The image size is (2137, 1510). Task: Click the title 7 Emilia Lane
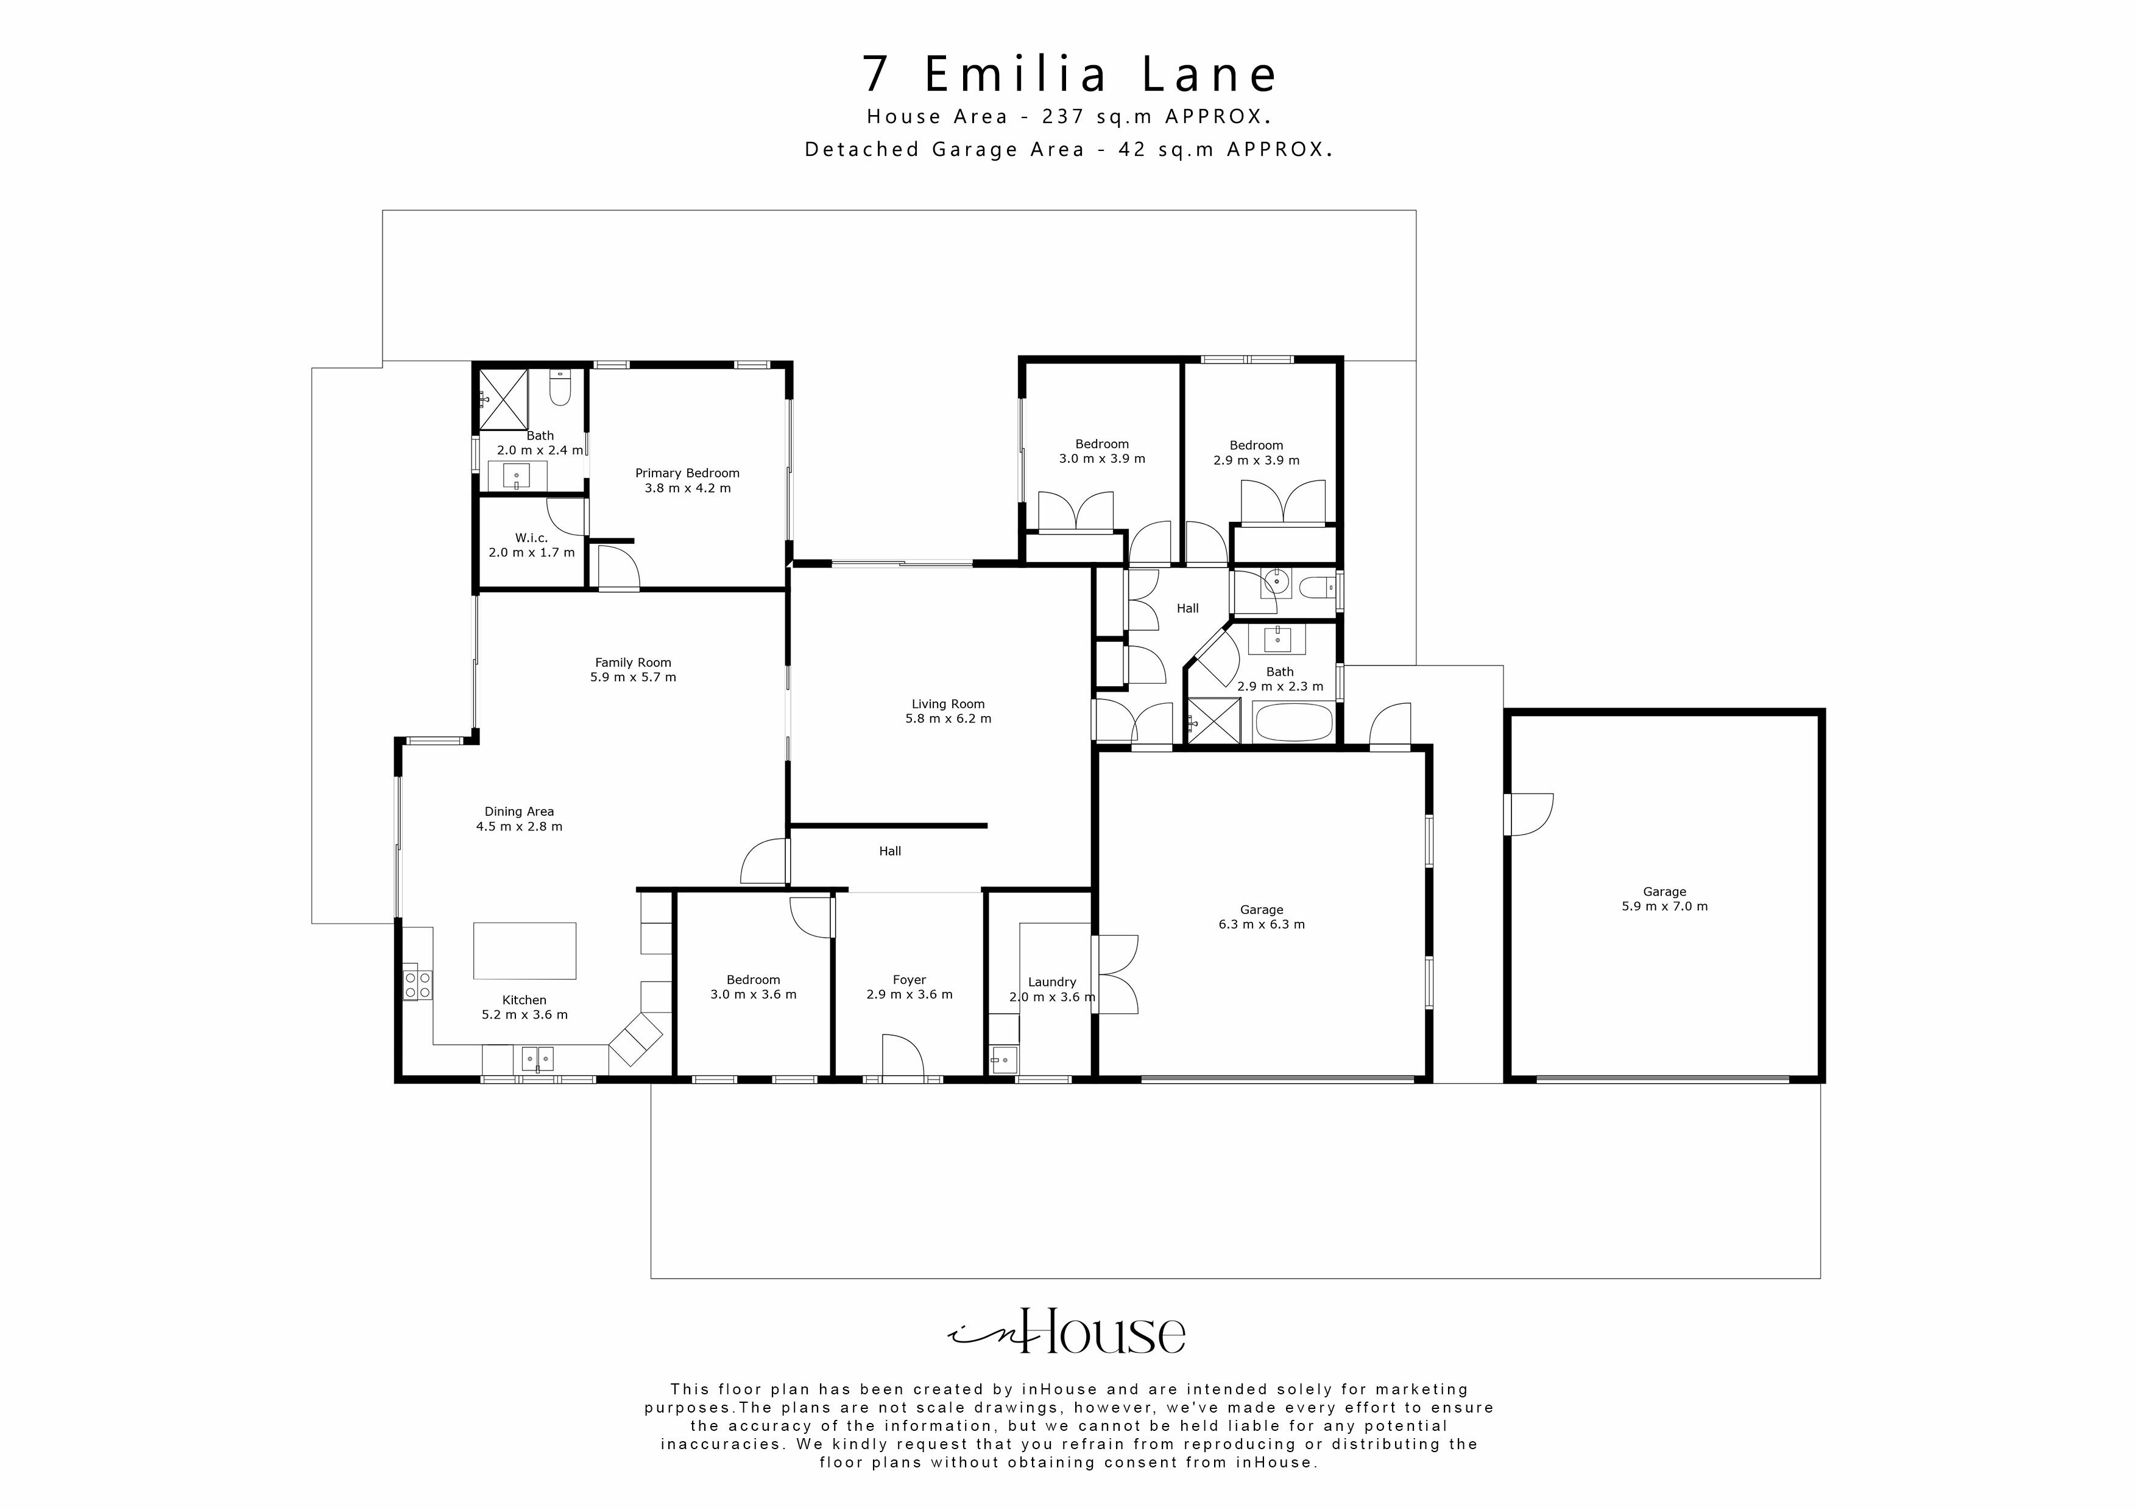[1068, 74]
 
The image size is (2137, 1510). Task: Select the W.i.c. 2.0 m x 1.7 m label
[531, 545]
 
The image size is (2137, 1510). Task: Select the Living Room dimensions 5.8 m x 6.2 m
[947, 719]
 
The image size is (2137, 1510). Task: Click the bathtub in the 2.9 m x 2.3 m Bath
[1293, 723]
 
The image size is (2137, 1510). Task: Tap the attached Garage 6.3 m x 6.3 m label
[1261, 918]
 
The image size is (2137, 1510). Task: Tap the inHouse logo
[1067, 1333]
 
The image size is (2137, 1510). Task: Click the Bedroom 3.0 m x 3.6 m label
[753, 987]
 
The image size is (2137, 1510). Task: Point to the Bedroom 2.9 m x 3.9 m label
[1256, 453]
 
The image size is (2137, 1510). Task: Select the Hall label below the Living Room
[890, 851]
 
